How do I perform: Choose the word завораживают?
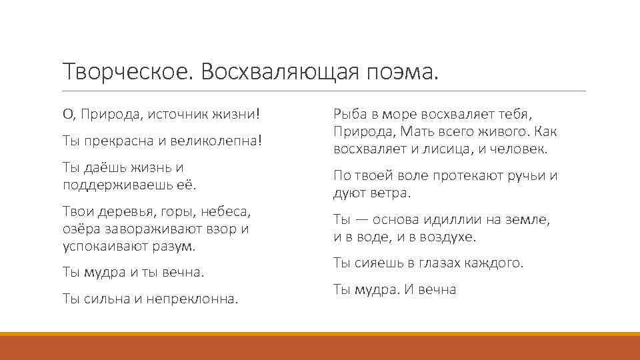(138, 229)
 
